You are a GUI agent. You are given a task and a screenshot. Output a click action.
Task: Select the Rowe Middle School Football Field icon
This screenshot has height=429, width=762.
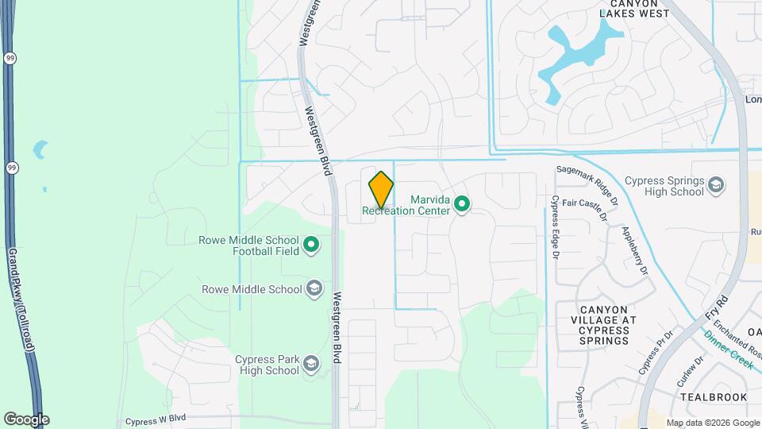311,245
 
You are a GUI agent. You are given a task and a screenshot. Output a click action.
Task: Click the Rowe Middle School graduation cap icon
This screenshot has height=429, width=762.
314,289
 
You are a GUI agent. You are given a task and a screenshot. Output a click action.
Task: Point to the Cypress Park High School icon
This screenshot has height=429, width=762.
311,365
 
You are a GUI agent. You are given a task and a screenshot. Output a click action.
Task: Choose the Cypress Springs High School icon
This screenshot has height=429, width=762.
716,185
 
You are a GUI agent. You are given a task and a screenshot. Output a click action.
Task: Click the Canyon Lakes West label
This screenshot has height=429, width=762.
633,9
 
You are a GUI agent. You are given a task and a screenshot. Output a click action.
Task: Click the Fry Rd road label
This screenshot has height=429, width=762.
717,308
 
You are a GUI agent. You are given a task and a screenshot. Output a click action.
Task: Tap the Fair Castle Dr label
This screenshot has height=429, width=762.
584,209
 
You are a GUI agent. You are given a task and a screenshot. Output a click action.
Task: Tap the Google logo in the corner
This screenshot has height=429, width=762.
25,419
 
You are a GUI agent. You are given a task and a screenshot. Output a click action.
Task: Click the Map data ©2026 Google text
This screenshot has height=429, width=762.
712,423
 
